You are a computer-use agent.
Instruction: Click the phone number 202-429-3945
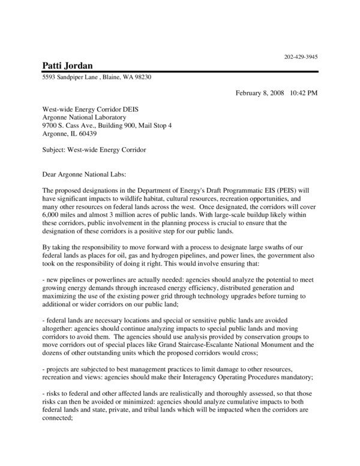click(x=301, y=57)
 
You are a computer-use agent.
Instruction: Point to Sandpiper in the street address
click(x=74, y=78)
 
